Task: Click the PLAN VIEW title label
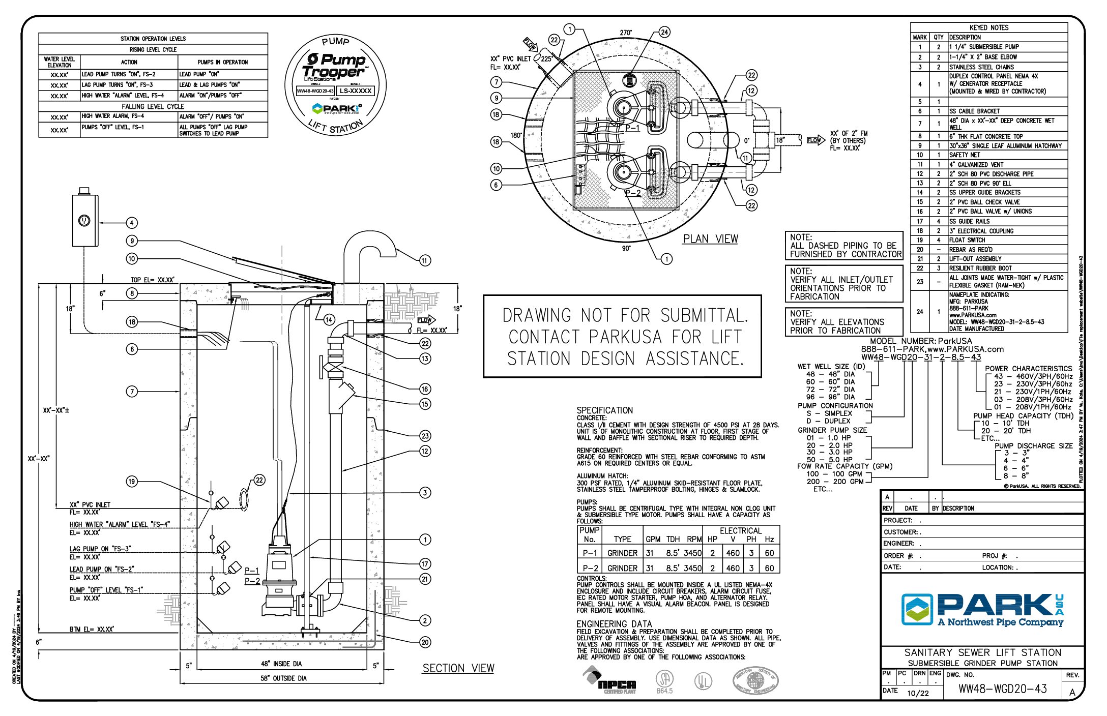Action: coord(710,239)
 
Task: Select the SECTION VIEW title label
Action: coord(458,668)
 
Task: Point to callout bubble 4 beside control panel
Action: coord(132,223)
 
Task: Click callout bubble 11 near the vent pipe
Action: coord(425,260)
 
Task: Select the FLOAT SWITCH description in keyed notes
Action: coord(967,240)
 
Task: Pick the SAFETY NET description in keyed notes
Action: coord(964,155)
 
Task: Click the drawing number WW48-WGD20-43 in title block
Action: coord(1002,689)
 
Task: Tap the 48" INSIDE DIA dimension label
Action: coord(281,664)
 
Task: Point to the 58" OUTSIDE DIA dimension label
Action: coord(283,678)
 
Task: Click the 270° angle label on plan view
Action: coord(626,33)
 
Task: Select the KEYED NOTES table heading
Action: coord(988,27)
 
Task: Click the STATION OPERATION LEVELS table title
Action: coord(153,39)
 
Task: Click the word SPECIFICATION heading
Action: coord(604,410)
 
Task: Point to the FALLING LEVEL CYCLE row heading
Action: coord(153,106)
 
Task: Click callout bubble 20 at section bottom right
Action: coord(425,642)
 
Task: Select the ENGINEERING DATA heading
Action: coord(614,624)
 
